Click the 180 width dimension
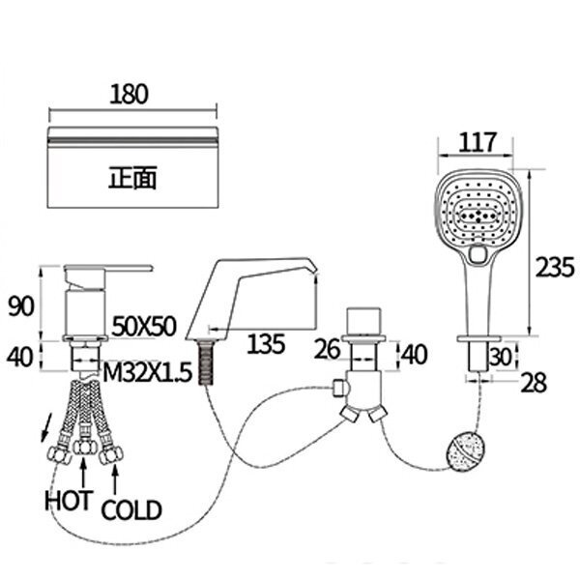130,95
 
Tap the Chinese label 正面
132,178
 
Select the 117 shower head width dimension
477,142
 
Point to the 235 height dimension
555,267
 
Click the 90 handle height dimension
21,306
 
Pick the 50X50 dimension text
143,327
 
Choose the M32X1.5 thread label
147,372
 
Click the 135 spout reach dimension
266,343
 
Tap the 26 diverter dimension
327,349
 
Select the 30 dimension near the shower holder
501,357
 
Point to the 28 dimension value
533,383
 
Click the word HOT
68,501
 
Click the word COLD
131,510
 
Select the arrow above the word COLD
115,479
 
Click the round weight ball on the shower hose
464,452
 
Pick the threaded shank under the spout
205,362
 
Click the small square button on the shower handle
478,254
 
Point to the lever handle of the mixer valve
107,269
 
